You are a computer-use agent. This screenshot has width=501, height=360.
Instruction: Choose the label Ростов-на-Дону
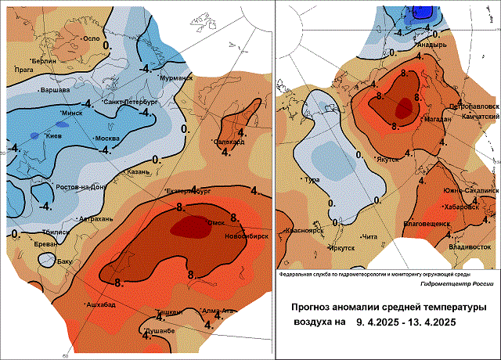click(x=81, y=187)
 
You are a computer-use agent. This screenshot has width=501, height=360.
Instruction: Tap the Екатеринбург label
click(x=191, y=190)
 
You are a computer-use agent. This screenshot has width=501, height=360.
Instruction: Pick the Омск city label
click(x=215, y=223)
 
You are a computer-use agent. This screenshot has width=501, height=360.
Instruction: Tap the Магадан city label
click(x=434, y=118)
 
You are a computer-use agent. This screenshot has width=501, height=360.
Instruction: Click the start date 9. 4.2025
click(x=384, y=321)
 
